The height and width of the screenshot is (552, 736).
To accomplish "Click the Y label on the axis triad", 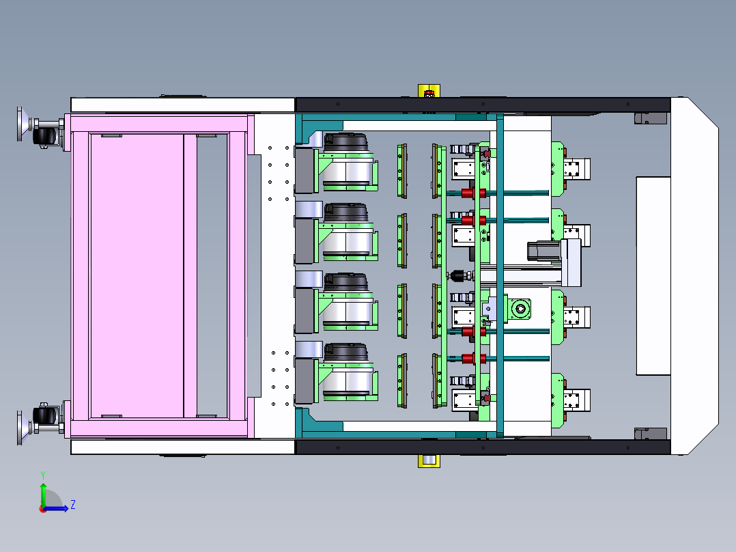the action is pyautogui.click(x=43, y=475).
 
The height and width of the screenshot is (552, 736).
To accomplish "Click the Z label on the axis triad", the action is pyautogui.click(x=73, y=505).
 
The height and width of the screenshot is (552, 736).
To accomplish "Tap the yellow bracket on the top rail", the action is pyautogui.click(x=429, y=91).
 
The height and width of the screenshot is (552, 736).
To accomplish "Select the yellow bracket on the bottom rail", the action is pyautogui.click(x=429, y=461).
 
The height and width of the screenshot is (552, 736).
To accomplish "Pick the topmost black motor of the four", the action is pyautogui.click(x=346, y=142).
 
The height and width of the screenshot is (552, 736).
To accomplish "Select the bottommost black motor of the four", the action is pyautogui.click(x=346, y=353).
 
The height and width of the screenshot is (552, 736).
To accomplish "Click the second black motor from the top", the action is pyautogui.click(x=346, y=212).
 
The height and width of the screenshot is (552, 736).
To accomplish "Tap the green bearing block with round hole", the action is pyautogui.click(x=520, y=309).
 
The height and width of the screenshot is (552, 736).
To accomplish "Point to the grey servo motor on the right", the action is pyautogui.click(x=543, y=251).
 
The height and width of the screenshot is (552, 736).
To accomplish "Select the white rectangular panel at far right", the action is pyautogui.click(x=653, y=276).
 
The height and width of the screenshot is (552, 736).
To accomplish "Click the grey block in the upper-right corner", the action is pyautogui.click(x=651, y=118).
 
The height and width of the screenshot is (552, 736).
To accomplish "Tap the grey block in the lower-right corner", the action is pyautogui.click(x=651, y=434).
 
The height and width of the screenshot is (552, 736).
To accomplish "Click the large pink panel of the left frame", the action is pyautogui.click(x=137, y=276).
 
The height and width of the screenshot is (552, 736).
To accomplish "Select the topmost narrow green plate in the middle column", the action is pyautogui.click(x=401, y=171).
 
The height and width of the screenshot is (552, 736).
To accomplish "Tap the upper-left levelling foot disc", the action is pyautogui.click(x=20, y=124).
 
